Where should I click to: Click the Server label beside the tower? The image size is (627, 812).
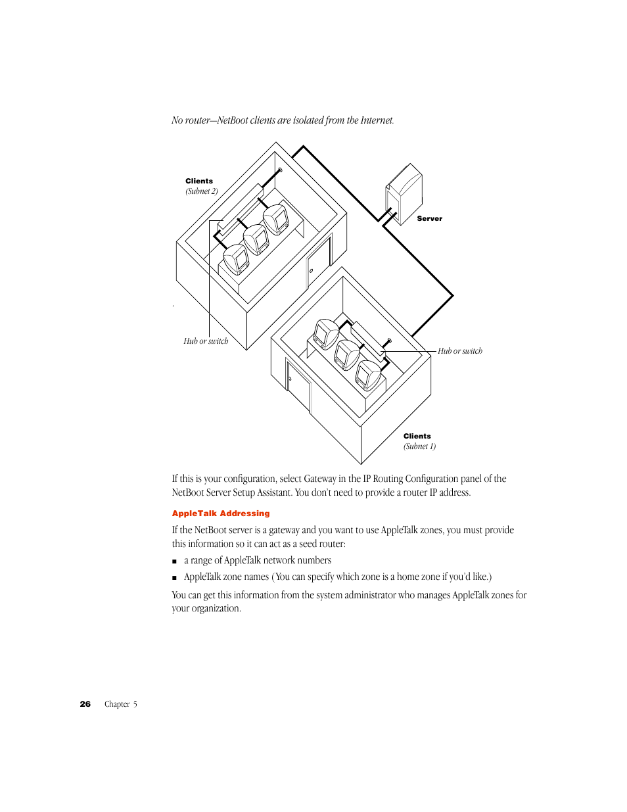(x=429, y=218)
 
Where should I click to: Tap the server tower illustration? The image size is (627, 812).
(x=403, y=193)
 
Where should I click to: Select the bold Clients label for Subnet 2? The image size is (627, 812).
(x=199, y=181)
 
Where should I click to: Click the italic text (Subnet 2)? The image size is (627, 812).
(x=201, y=191)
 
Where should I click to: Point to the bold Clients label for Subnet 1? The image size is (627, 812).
(x=417, y=436)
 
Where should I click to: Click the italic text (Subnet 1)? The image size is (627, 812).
(x=419, y=446)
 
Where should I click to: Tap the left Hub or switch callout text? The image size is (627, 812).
(x=206, y=341)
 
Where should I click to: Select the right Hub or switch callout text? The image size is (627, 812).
(x=460, y=351)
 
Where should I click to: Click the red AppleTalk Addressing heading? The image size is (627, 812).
(x=221, y=513)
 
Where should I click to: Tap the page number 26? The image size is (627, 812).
(x=85, y=704)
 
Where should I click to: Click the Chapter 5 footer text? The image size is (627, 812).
(x=121, y=704)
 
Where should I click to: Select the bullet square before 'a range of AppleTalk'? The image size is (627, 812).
(x=175, y=561)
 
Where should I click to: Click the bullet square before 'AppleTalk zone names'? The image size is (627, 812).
(x=175, y=578)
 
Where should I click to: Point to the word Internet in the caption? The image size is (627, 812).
(x=377, y=120)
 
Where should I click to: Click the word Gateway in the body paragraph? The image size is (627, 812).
(x=320, y=479)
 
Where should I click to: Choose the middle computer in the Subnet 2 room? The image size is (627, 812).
(x=256, y=239)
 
